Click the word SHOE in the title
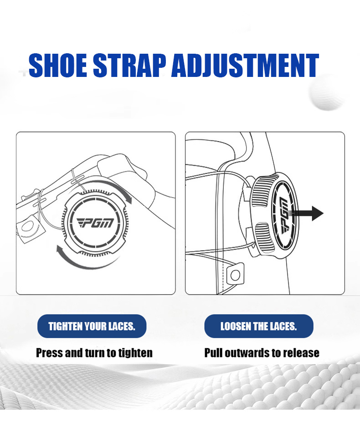[x=58, y=66]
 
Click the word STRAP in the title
[x=130, y=66]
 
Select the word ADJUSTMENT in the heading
[x=245, y=66]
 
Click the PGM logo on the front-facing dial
[x=95, y=223]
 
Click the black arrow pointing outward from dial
[x=307, y=213]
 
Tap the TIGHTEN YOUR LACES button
[x=92, y=326]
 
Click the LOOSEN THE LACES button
[x=259, y=326]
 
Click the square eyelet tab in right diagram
[x=235, y=275]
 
